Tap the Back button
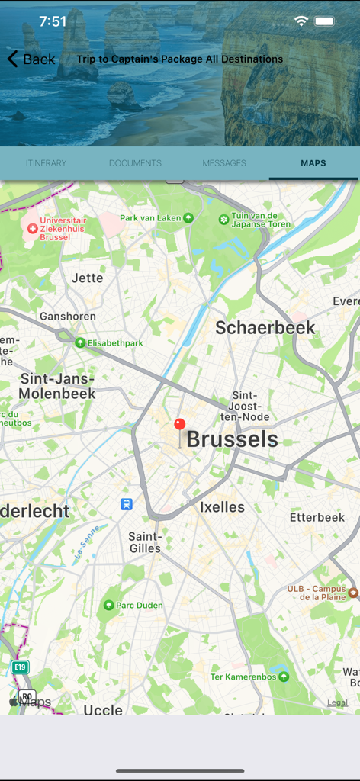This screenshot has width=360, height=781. (31, 59)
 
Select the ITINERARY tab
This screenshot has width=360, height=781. (46, 163)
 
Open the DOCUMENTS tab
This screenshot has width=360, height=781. (135, 163)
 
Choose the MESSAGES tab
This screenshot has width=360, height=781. (224, 163)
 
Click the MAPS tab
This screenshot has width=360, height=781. (313, 163)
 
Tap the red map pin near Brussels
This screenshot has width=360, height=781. (180, 426)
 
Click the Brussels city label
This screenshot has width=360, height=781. (232, 439)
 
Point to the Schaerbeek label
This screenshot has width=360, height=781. (265, 327)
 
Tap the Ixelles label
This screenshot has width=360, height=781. (222, 507)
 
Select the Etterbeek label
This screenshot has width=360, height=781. (317, 517)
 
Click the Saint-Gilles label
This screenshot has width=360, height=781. (145, 542)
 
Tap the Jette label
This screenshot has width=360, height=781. (87, 278)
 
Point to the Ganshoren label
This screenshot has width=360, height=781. (68, 316)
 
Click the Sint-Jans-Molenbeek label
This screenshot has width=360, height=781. (57, 386)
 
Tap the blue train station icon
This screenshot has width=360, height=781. (127, 504)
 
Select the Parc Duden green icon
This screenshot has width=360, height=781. (108, 605)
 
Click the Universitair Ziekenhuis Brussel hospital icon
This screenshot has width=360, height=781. (32, 228)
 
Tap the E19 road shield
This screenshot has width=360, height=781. (20, 667)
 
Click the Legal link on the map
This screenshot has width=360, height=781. (337, 702)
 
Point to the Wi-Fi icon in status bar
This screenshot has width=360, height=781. (301, 21)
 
